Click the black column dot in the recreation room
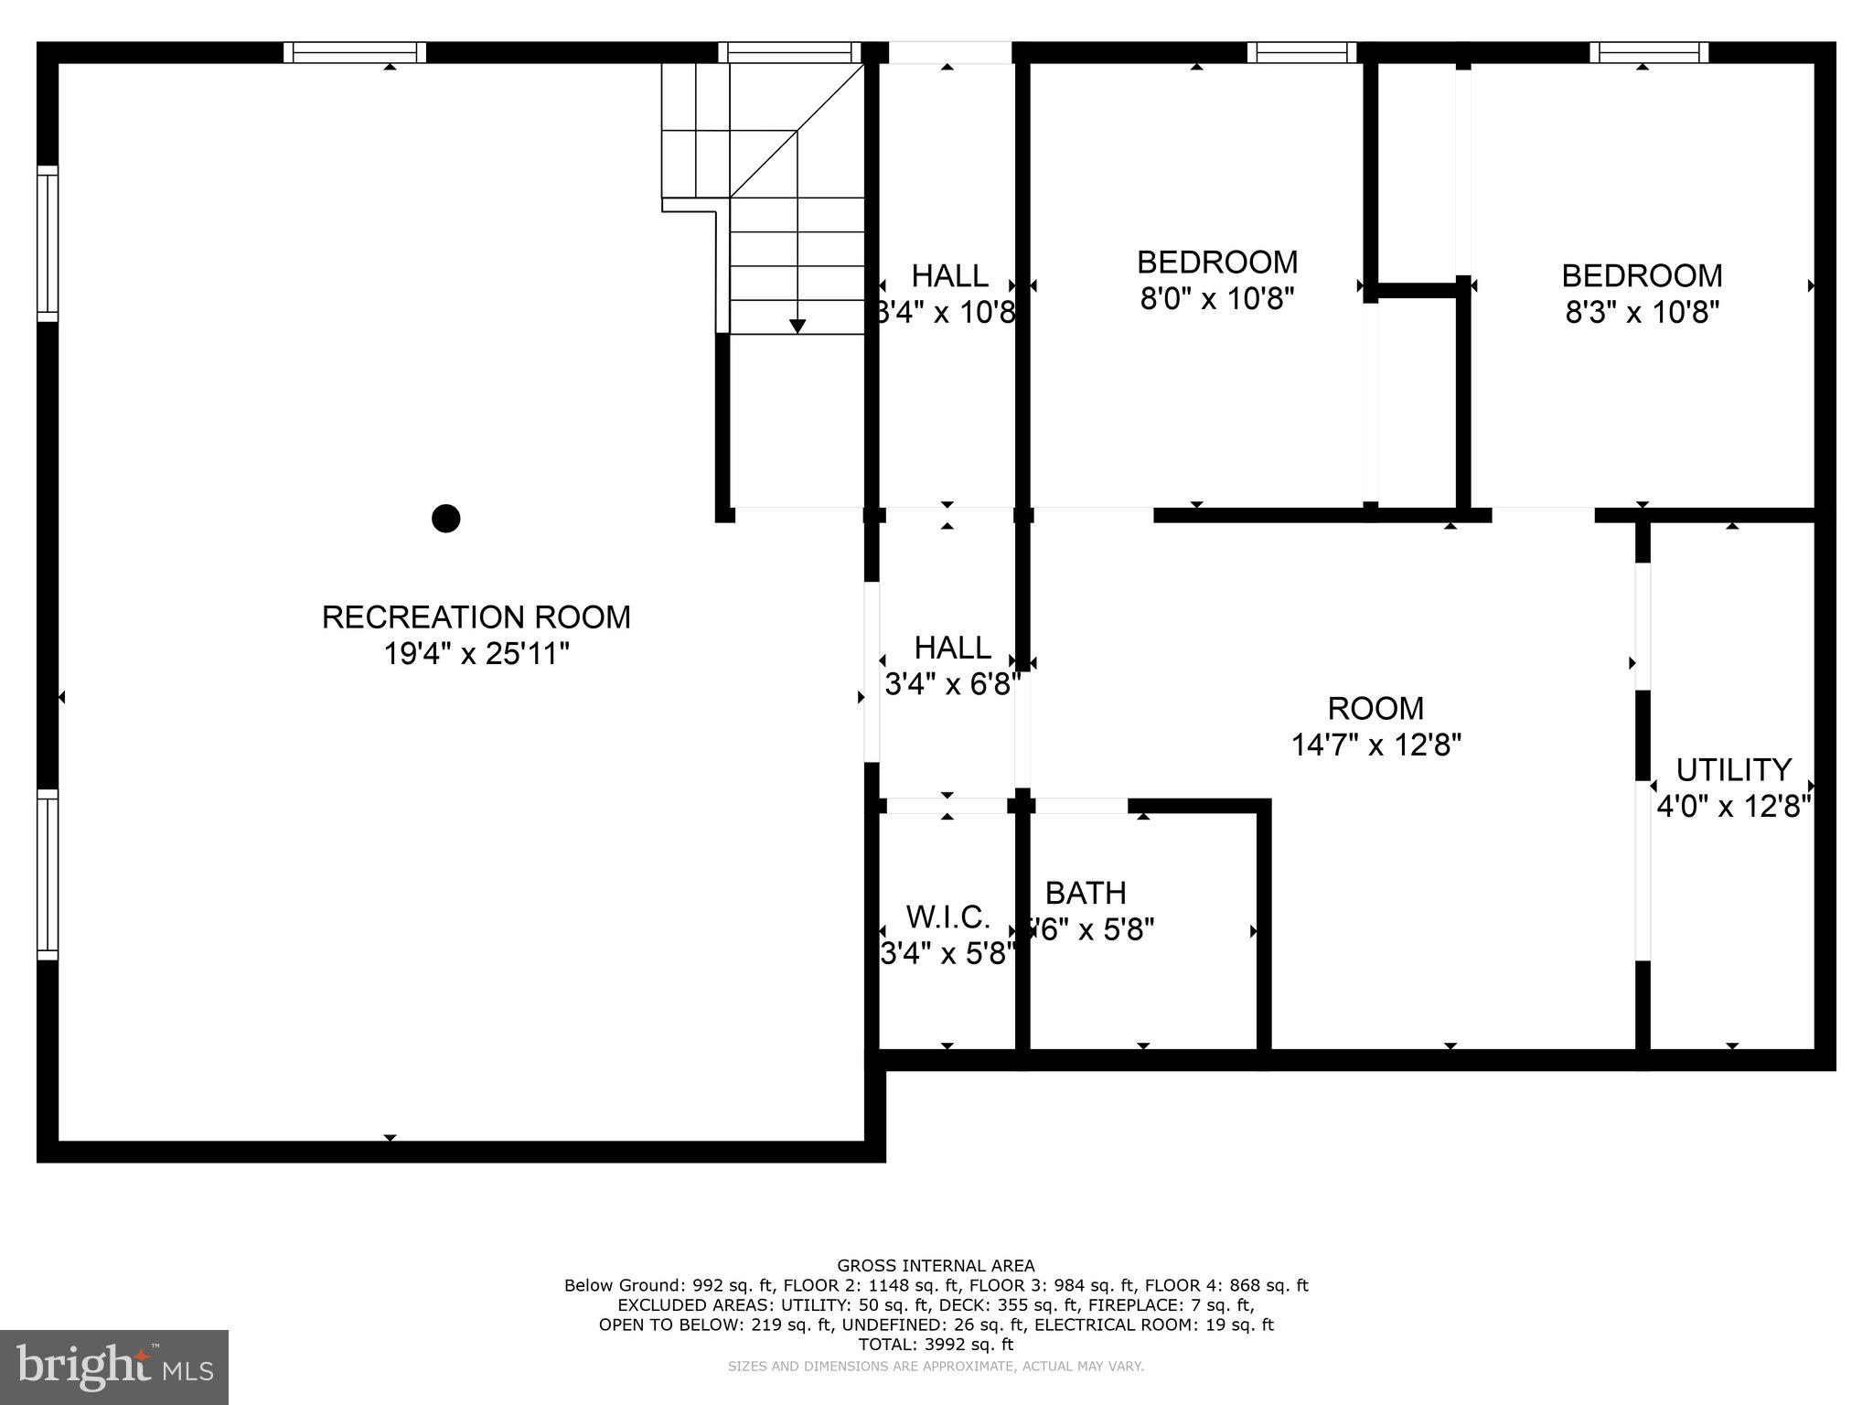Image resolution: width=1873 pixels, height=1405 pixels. coord(445,519)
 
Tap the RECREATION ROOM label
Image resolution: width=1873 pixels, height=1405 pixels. coord(476,617)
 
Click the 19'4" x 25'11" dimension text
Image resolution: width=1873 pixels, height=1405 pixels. coord(476,654)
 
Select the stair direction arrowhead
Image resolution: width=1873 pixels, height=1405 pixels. coord(797,326)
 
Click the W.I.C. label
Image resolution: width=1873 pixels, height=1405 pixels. coord(947,917)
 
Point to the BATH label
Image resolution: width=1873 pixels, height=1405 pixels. coord(1086,893)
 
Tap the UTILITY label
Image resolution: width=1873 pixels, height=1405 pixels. coord(1733,769)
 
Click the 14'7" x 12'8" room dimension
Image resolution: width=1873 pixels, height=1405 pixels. coord(1375,745)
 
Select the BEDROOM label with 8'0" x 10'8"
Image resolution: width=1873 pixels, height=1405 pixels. coord(1217,263)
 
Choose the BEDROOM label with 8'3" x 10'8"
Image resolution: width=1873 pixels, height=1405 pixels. coord(1642,275)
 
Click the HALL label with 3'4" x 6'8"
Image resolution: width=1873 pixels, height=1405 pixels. coord(952,648)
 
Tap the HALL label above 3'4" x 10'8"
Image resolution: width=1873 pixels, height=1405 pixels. coord(949,275)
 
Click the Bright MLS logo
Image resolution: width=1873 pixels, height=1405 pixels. coord(113,1367)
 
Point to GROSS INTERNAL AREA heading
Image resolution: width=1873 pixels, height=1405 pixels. coord(936,1266)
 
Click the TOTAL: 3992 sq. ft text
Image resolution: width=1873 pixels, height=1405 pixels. coord(936,1345)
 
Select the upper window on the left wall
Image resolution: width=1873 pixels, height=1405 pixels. coord(48,243)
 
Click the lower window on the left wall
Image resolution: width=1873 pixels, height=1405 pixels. coord(48,874)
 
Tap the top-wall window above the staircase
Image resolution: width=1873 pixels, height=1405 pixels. coord(789,52)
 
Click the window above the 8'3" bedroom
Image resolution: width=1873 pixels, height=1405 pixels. coord(1648,52)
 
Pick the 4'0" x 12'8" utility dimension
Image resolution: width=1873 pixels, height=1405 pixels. coord(1733,807)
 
